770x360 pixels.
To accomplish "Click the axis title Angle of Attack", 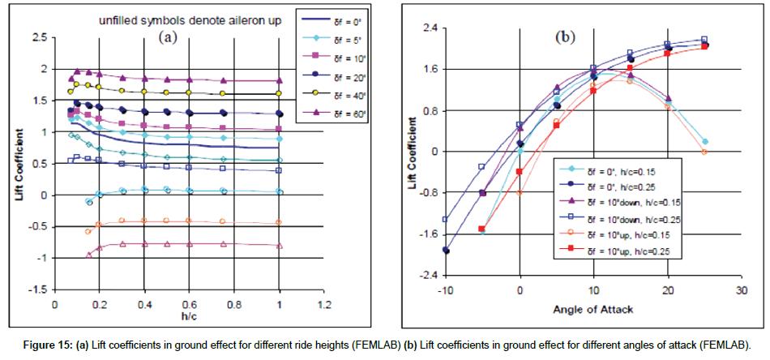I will [x=592, y=309].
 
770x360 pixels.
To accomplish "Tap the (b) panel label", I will [x=563, y=36].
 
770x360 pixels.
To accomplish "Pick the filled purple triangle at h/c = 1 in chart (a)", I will [x=280, y=81].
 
